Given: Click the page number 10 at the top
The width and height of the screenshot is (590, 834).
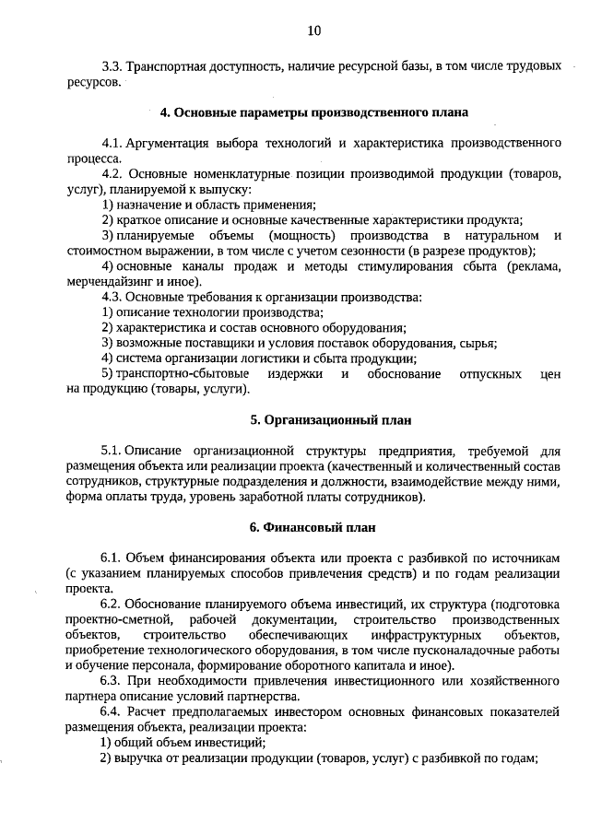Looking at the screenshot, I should click(313, 31).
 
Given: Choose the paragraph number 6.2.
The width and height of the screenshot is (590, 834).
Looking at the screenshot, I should click(112, 605).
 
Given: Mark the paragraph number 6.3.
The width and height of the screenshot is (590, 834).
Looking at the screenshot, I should click(112, 681).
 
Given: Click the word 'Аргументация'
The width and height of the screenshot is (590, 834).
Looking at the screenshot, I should click(173, 144).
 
